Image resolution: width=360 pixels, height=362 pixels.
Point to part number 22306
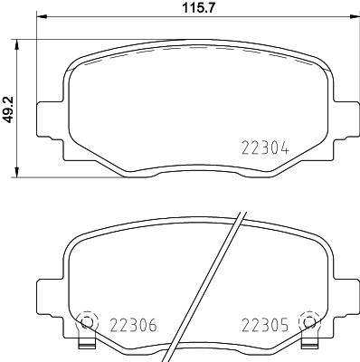tap(133, 321)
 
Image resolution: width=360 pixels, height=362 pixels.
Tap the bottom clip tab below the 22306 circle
tap(87, 345)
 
